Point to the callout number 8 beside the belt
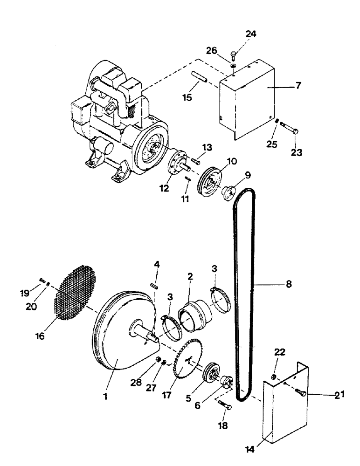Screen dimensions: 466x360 tap(289, 283)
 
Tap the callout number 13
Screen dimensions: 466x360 tap(207, 148)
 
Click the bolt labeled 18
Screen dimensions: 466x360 tap(224, 405)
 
